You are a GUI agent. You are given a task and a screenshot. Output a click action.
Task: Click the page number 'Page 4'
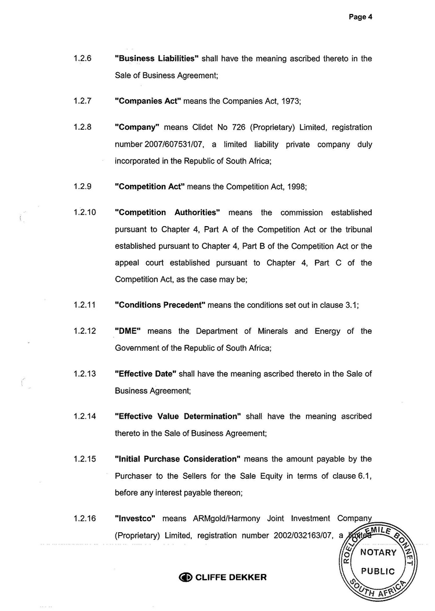click(x=360, y=17)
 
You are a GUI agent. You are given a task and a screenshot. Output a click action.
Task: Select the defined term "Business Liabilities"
click(x=157, y=59)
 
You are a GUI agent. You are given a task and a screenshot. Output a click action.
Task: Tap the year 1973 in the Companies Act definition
click(x=291, y=101)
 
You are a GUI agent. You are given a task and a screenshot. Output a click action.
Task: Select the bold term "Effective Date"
click(x=145, y=374)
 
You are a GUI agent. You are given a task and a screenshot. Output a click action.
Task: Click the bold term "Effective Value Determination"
click(x=177, y=416)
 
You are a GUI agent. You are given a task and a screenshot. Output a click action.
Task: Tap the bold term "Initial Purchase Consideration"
click(x=177, y=459)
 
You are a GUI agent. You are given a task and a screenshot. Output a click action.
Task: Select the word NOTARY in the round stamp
click(x=378, y=552)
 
